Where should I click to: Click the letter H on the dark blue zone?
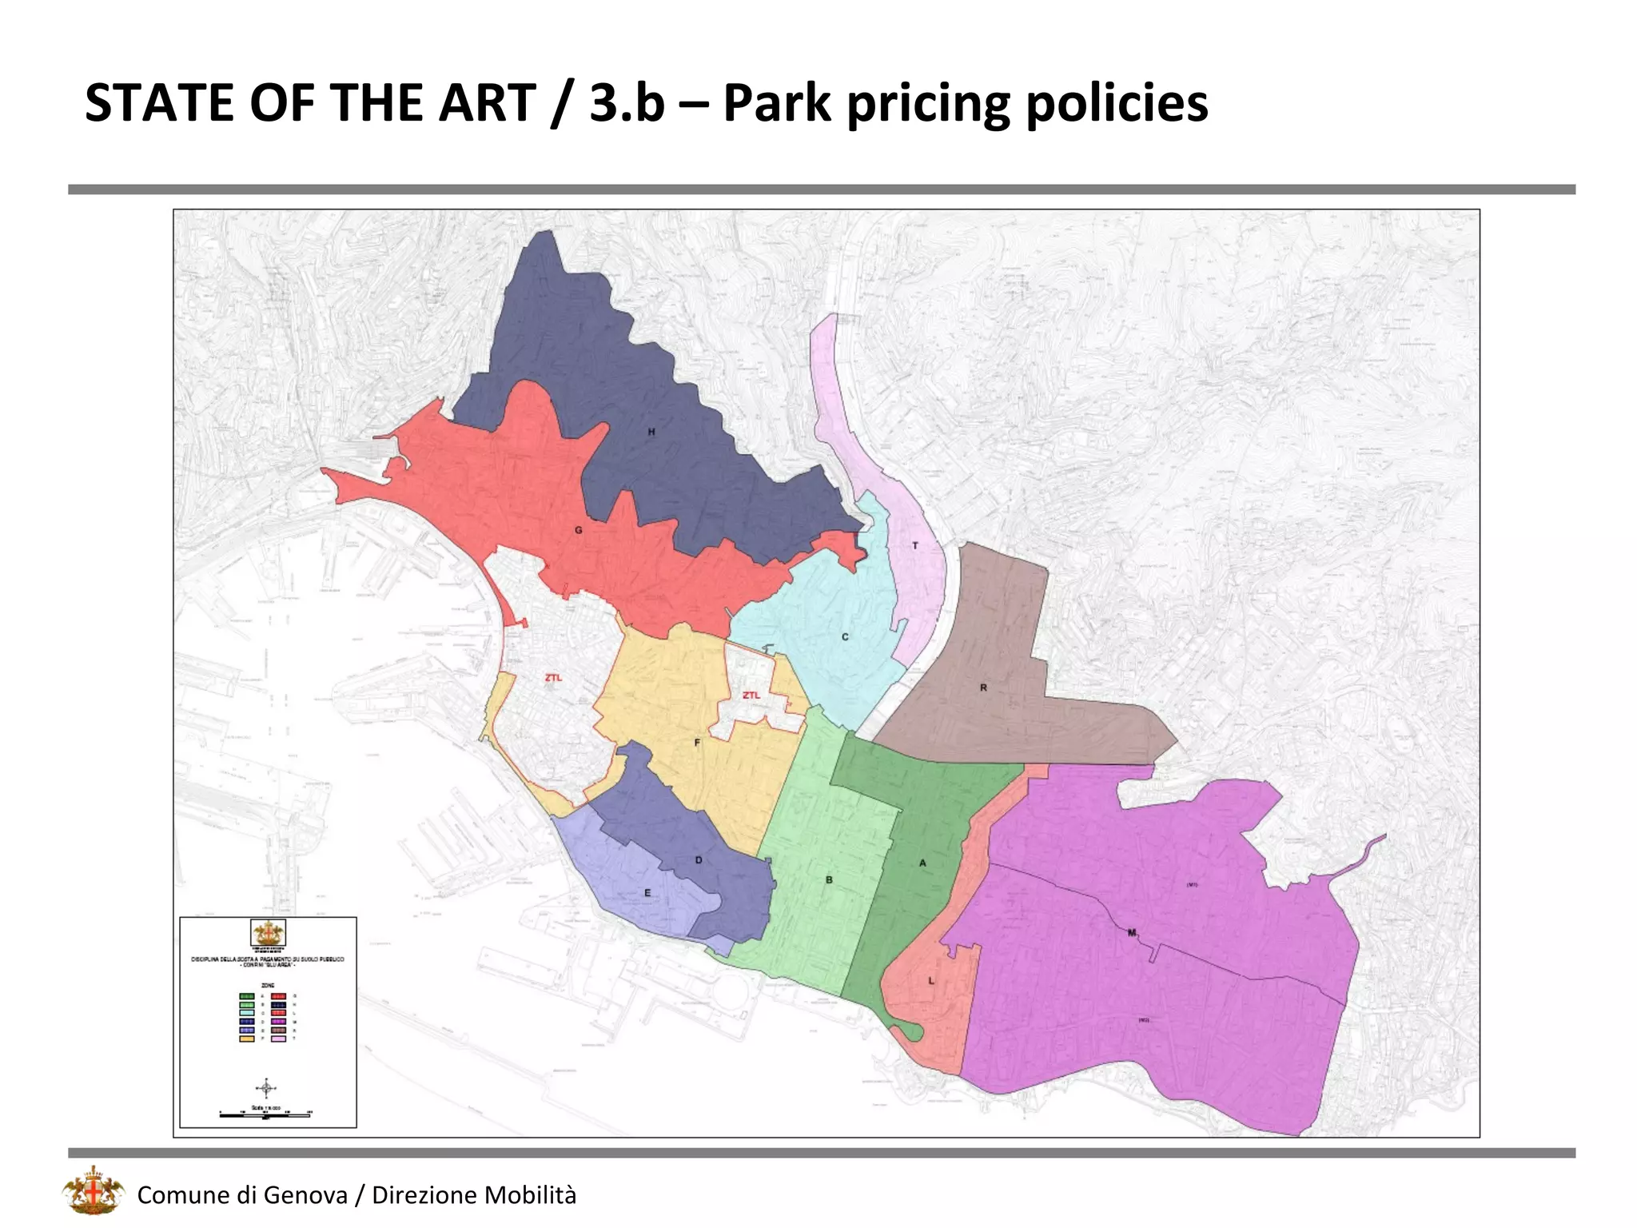point(651,432)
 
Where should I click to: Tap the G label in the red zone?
point(579,530)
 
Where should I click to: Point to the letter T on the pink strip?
point(915,546)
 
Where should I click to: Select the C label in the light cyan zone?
point(845,637)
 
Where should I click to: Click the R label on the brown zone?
point(983,688)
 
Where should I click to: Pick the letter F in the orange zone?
point(697,743)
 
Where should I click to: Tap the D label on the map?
point(699,860)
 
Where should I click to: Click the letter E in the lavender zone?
point(647,893)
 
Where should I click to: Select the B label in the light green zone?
point(829,879)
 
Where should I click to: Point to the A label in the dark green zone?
point(922,863)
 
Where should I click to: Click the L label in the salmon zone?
point(931,980)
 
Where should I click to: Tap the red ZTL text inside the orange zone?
point(751,696)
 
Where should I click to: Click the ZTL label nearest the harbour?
point(553,678)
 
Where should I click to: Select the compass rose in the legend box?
point(267,1088)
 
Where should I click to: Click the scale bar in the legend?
point(265,1114)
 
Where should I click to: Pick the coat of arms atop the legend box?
point(268,933)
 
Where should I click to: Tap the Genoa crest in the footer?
point(94,1191)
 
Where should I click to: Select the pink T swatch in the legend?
point(278,1039)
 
